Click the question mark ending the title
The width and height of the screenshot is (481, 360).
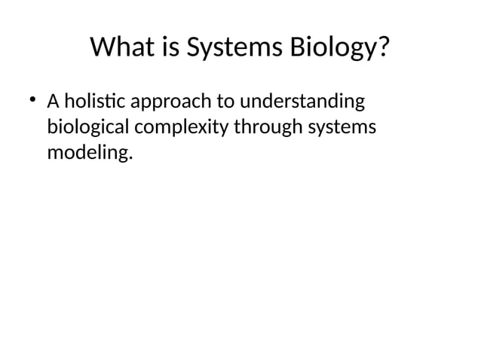pos(384,47)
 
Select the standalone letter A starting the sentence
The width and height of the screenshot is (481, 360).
pos(53,102)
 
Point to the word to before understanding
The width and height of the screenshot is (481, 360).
pos(225,102)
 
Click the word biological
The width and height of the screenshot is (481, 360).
pos(88,128)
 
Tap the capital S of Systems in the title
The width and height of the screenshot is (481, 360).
pos(194,47)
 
